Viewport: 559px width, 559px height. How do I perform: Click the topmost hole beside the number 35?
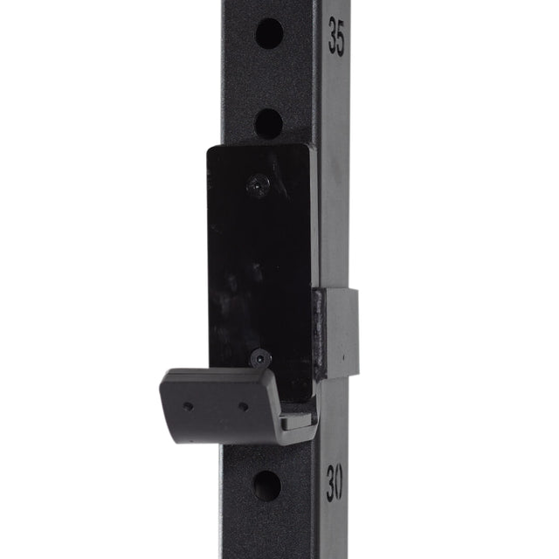269,34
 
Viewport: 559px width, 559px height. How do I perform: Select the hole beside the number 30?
267,486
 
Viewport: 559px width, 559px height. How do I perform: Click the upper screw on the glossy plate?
257,184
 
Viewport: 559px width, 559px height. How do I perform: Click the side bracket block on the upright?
337,332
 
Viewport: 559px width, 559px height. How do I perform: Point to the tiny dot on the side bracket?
343,357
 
